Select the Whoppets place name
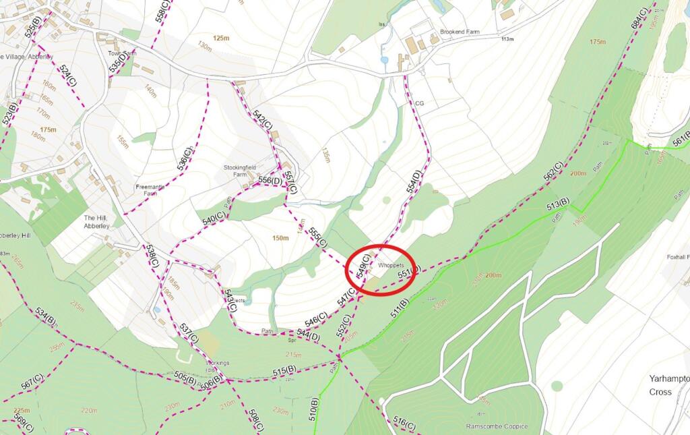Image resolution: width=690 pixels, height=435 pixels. (x=390, y=266)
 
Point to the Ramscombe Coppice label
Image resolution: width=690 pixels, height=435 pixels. (x=497, y=426)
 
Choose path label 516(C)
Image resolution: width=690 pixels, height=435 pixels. (x=404, y=424)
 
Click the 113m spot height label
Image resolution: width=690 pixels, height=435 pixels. (x=507, y=39)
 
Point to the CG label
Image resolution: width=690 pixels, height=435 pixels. (x=419, y=103)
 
